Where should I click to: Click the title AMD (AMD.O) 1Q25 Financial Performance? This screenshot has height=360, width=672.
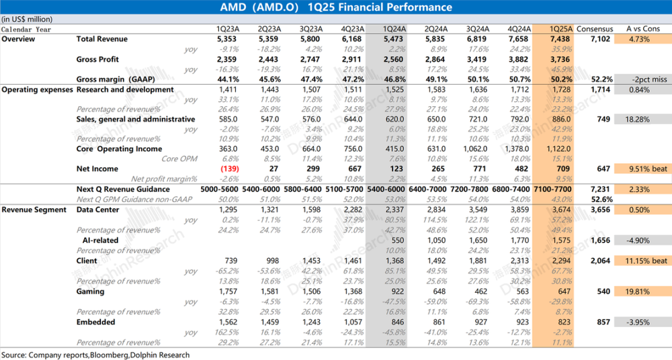tap(336, 7)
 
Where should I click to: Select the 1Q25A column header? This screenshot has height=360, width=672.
tap(561, 29)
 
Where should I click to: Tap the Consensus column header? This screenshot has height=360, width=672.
tap(595, 29)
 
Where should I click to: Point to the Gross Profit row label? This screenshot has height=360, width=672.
tap(97, 60)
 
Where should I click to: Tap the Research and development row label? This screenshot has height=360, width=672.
tap(125, 89)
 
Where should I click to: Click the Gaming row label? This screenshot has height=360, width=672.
tap(90, 291)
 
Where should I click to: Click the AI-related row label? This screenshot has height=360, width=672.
tap(101, 240)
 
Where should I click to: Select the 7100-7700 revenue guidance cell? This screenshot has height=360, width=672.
tap(552, 190)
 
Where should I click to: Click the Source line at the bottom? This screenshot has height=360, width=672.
tap(95, 354)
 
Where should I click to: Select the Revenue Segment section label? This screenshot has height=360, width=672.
tap(34, 210)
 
